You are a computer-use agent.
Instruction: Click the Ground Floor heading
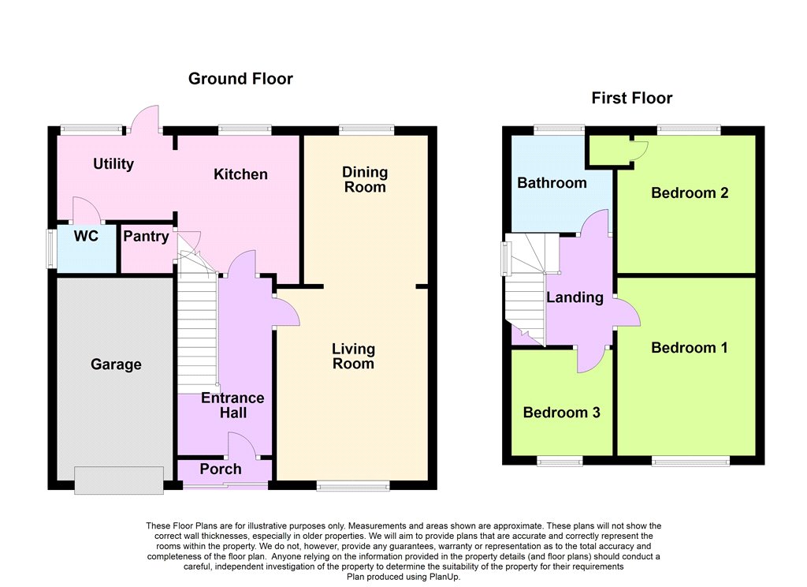pyautogui.click(x=240, y=78)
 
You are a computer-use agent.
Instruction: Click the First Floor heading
pyautogui.click(x=631, y=98)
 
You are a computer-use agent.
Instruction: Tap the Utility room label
pyautogui.click(x=113, y=164)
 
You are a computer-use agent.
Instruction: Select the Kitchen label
pyautogui.click(x=240, y=174)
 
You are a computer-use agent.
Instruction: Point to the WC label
pyautogui.click(x=86, y=236)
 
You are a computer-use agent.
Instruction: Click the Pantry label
pyautogui.click(x=146, y=237)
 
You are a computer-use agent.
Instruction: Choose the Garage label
pyautogui.click(x=116, y=365)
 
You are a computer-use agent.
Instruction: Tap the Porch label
pyautogui.click(x=221, y=469)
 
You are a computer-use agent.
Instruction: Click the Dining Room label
pyautogui.click(x=365, y=179)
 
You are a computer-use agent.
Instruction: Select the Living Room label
pyautogui.click(x=353, y=356)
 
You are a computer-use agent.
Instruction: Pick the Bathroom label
pyautogui.click(x=552, y=183)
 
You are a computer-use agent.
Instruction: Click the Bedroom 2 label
pyautogui.click(x=690, y=193)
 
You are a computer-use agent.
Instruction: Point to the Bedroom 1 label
pyautogui.click(x=690, y=347)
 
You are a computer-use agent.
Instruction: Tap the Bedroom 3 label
pyautogui.click(x=561, y=413)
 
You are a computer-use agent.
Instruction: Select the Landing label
pyautogui.click(x=575, y=297)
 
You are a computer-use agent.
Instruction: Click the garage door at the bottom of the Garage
pyautogui.click(x=119, y=480)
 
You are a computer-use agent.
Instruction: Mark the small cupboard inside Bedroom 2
pyautogui.click(x=611, y=151)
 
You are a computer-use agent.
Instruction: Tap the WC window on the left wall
pyautogui.click(x=51, y=249)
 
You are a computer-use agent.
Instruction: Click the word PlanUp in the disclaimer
pyautogui.click(x=444, y=578)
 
